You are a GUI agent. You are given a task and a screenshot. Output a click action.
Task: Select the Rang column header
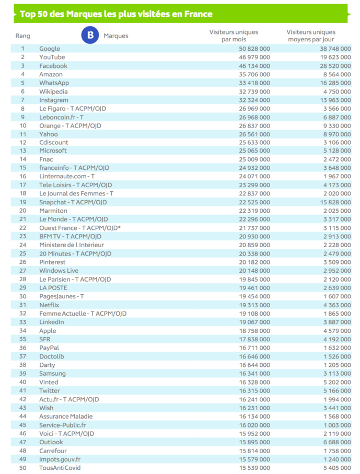pyautogui.click(x=23, y=36)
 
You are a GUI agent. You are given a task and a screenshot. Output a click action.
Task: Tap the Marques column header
pyautogui.click(x=116, y=36)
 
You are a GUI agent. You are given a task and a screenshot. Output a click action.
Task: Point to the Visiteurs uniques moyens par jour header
pyautogui.click(x=311, y=36)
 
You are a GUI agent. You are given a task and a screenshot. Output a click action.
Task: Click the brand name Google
pyautogui.click(x=50, y=49)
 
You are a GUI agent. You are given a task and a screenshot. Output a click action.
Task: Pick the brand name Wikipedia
pyautogui.click(x=54, y=91)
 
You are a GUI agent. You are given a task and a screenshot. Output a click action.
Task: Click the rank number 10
pyautogui.click(x=23, y=126)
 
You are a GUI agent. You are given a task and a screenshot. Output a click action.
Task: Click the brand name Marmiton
pyautogui.click(x=53, y=211)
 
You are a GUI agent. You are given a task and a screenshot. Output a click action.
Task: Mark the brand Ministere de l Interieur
pyautogui.click(x=72, y=245)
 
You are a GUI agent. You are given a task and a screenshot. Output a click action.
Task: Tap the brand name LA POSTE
pyautogui.click(x=53, y=288)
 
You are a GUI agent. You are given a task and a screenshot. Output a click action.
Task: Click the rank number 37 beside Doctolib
pyautogui.click(x=23, y=356)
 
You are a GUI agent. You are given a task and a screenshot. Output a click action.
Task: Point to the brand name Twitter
pyautogui.click(x=50, y=391)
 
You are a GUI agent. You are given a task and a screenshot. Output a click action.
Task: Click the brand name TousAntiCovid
pyautogui.click(x=60, y=468)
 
